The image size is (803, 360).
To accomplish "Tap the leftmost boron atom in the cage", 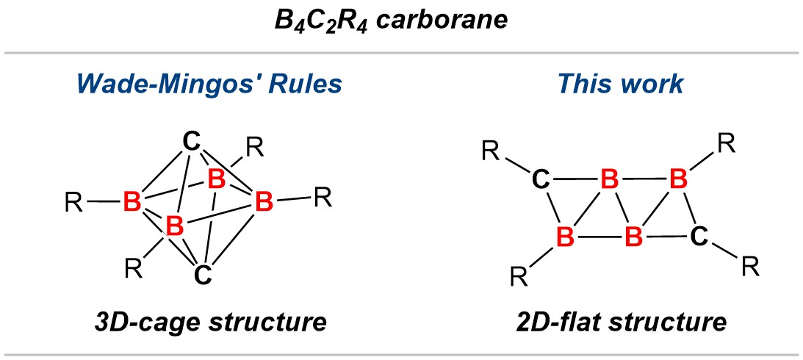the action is (132, 203).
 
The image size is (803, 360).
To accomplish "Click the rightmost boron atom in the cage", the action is (264, 203).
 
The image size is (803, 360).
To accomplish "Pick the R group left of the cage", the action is (75, 203).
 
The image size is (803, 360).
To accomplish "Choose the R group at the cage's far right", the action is (324, 198).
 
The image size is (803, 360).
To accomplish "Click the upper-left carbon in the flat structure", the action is (541, 180).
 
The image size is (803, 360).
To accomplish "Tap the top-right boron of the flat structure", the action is (679, 180).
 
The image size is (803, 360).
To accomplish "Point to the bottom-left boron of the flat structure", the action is (565, 237).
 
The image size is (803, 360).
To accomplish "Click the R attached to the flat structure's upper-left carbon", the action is (491, 151).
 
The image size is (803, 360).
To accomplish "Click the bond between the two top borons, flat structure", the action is (644, 180).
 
